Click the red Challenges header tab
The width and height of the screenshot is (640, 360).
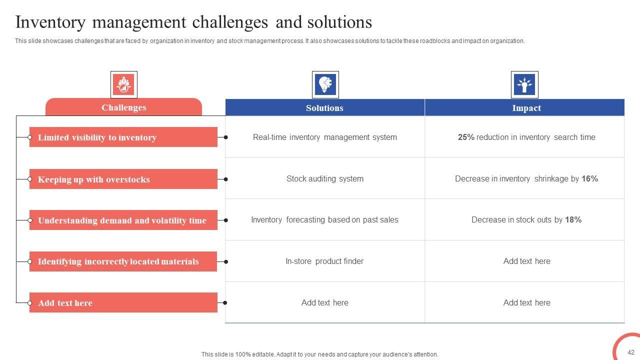point(123,107)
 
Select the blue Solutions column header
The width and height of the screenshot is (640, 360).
point(324,108)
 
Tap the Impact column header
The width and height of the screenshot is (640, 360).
point(526,108)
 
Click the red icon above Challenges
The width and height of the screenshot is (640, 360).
point(123,84)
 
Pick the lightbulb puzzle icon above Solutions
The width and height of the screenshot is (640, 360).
point(325,84)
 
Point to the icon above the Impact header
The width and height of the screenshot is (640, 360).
point(524,84)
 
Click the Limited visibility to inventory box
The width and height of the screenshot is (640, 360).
point(123,137)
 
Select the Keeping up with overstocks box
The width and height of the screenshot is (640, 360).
point(123,179)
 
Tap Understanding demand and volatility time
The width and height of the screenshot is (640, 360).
point(123,220)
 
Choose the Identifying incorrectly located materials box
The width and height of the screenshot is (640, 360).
point(123,261)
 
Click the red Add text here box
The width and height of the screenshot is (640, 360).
point(123,303)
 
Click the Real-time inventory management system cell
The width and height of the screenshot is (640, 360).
point(324,137)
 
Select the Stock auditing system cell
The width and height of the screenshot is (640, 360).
point(324,179)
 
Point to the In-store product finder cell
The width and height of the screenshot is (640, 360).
point(324,261)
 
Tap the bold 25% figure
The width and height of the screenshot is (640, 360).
point(466,137)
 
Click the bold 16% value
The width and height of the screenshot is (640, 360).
point(589,179)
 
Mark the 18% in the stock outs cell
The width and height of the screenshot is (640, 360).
point(573,220)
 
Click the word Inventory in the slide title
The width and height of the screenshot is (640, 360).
point(50,22)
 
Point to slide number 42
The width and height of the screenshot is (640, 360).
point(630,352)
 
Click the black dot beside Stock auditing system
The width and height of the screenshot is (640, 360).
point(226,179)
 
